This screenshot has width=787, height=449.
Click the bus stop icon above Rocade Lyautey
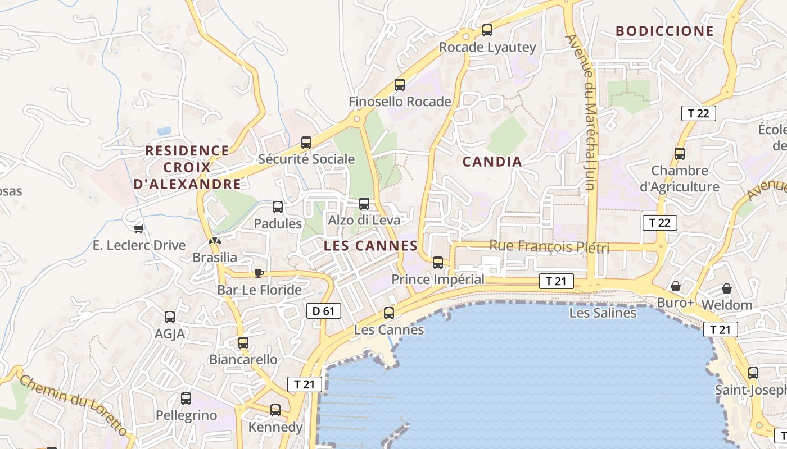pyautogui.click(x=487, y=30)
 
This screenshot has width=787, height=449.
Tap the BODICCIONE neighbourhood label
pyautogui.click(x=664, y=31)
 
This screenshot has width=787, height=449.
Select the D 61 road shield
pyautogui.click(x=324, y=311)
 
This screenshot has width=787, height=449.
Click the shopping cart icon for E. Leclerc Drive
pyautogui.click(x=139, y=228)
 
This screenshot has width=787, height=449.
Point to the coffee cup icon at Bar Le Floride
pyautogui.click(x=259, y=273)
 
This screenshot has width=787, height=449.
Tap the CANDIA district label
pyautogui.click(x=492, y=162)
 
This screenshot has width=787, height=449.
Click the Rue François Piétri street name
pyautogui.click(x=549, y=246)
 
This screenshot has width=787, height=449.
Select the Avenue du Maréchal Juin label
pyautogui.click(x=585, y=112)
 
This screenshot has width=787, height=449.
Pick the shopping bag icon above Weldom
pyautogui.click(x=727, y=288)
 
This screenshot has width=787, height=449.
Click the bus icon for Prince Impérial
pyautogui.click(x=438, y=262)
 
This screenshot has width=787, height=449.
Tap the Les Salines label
pyautogui.click(x=603, y=313)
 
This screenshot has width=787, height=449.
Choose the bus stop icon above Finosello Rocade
pyautogui.click(x=400, y=85)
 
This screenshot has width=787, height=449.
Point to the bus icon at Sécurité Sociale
pyautogui.click(x=306, y=143)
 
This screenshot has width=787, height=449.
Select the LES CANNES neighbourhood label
pyautogui.click(x=370, y=246)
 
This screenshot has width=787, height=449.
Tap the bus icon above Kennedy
pyautogui.click(x=275, y=410)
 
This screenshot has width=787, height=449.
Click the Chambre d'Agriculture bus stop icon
pyautogui.click(x=680, y=153)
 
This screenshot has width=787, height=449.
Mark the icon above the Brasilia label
pyautogui.click(x=214, y=241)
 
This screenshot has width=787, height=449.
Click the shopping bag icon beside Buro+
pyautogui.click(x=676, y=286)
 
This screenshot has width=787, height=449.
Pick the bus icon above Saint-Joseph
pyautogui.click(x=753, y=373)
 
